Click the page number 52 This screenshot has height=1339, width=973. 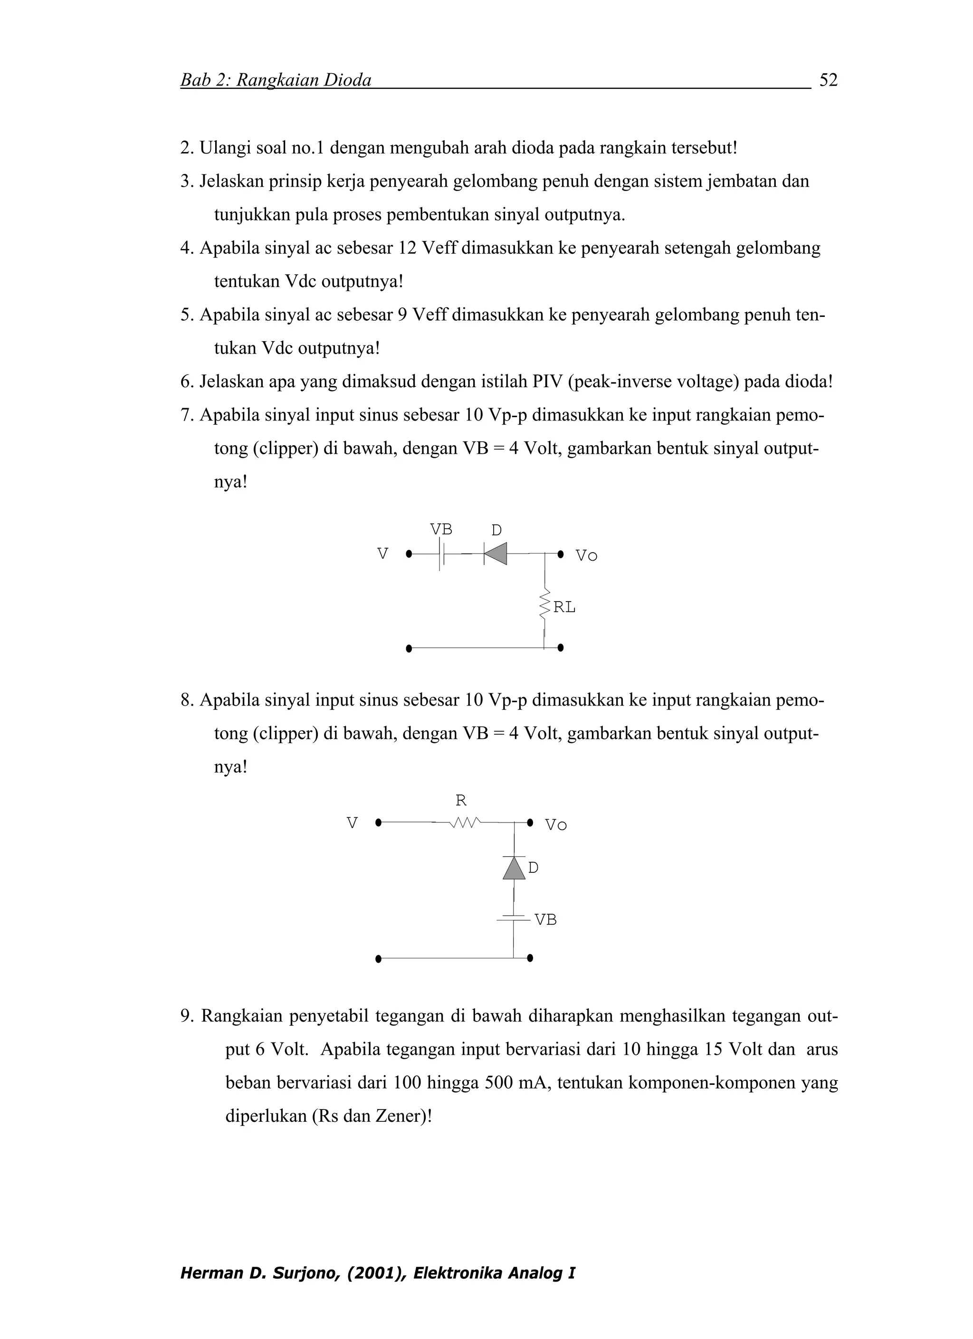829,80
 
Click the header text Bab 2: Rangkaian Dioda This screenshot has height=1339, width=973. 276,80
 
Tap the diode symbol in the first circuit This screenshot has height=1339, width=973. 495,554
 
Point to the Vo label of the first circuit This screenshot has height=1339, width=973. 586,555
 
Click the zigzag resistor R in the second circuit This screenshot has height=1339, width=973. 465,822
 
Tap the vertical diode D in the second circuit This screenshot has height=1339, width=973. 514,867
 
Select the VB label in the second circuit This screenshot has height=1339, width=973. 545,920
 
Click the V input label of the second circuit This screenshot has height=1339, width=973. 352,823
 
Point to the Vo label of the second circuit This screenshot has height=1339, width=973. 555,825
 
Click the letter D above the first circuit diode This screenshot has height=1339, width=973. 496,530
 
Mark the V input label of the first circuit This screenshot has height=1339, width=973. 382,554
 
